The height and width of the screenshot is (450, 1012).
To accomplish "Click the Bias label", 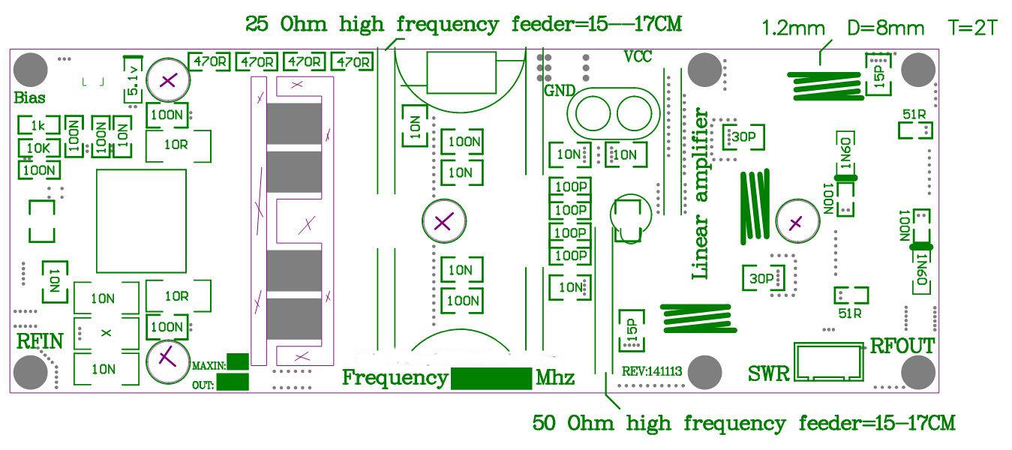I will click(29, 97).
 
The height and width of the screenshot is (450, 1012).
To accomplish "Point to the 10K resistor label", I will click(38, 148).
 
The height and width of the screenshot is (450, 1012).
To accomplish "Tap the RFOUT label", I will click(902, 346).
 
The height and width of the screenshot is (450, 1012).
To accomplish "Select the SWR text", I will click(769, 373).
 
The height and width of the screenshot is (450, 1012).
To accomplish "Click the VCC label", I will click(638, 57).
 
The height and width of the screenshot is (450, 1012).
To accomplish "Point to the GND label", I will click(560, 91).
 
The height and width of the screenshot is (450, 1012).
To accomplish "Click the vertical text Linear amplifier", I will click(701, 193).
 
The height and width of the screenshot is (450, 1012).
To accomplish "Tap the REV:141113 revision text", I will click(651, 371).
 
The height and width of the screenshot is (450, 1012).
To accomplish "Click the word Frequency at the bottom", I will click(395, 377).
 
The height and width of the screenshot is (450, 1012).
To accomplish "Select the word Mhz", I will click(555, 378).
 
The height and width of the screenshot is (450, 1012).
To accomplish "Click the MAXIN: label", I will click(209, 365).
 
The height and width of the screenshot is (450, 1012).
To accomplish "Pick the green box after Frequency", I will click(491, 378).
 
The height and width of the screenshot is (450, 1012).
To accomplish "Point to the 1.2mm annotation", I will click(793, 29).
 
